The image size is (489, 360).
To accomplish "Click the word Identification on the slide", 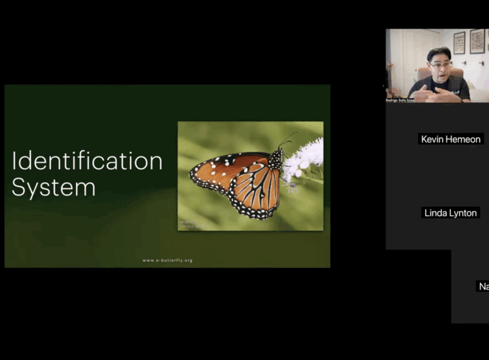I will click(87, 161).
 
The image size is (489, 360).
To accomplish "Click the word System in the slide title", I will click(53, 187).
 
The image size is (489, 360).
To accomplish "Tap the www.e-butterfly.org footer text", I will click(167, 260).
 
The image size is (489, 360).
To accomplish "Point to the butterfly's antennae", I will click(288, 139).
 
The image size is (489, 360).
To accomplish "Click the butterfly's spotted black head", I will click(276, 157).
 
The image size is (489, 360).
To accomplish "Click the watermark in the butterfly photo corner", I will click(192, 224).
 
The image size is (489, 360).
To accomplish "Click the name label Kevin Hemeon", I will click(450, 139).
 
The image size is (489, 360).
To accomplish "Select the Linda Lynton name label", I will click(450, 213).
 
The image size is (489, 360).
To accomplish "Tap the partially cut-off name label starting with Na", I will click(483, 286).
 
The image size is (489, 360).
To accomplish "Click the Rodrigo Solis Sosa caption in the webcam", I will click(400, 100).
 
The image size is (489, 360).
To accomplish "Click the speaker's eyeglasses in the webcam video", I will click(438, 64).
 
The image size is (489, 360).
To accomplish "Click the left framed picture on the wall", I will click(459, 42).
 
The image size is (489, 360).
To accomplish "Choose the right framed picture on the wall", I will click(477, 41).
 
